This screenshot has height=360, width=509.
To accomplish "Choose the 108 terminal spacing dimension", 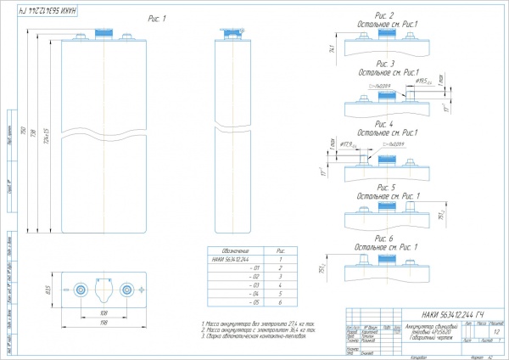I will click(x=103, y=313).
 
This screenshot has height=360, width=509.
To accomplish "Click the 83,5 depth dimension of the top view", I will click(x=49, y=290).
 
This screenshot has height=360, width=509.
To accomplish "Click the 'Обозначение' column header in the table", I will click(x=230, y=250).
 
